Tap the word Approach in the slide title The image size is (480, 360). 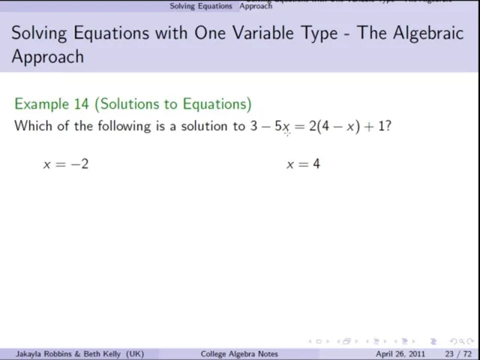pyautogui.click(x=48, y=56)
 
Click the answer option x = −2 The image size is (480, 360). pyautogui.click(x=66, y=163)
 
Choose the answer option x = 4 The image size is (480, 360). pyautogui.click(x=303, y=163)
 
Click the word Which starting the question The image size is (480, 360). pyautogui.click(x=32, y=126)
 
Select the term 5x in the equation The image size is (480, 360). pyautogui.click(x=283, y=126)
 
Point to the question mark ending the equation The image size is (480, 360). pyautogui.click(x=388, y=126)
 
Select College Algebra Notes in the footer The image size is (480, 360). pyautogui.click(x=240, y=354)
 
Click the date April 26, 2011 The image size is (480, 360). pyautogui.click(x=403, y=354)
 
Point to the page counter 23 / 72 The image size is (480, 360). pyautogui.click(x=458, y=354)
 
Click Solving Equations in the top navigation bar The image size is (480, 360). pyautogui.click(x=201, y=6)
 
